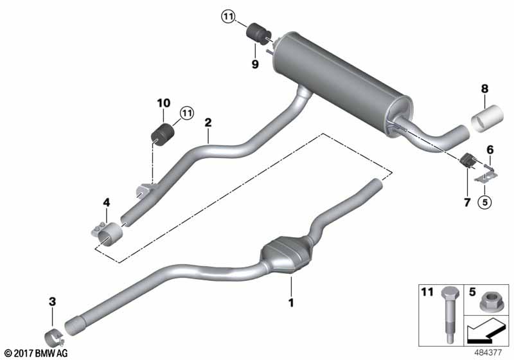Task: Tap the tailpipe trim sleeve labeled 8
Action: point(486,121)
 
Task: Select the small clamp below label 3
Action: point(53,337)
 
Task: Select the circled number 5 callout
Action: point(484,202)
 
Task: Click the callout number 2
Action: point(208,122)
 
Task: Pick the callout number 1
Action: point(290,301)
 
